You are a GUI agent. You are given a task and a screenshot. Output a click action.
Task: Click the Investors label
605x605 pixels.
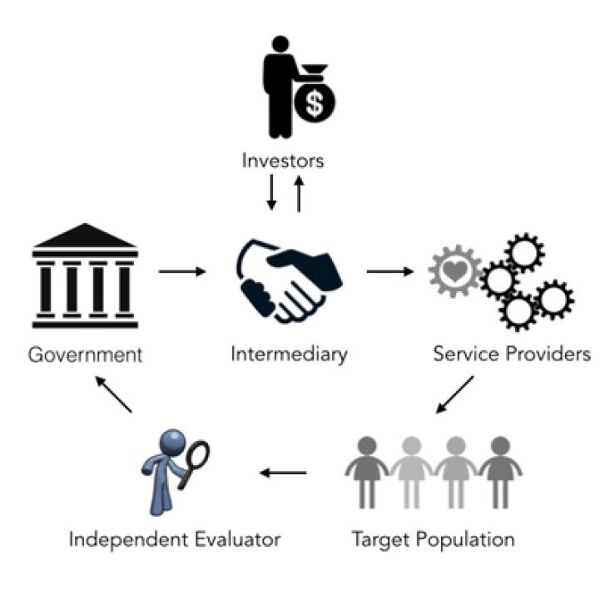tap(283, 159)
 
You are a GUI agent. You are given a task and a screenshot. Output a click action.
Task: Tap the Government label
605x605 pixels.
tap(86, 355)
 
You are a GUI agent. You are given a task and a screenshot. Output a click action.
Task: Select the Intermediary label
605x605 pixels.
tap(289, 355)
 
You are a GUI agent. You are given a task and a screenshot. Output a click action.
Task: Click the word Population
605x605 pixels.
tap(466, 539)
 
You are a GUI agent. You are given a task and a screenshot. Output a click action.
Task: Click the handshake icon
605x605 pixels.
tap(289, 279)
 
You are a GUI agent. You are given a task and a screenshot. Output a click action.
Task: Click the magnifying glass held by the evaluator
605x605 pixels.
tap(198, 455)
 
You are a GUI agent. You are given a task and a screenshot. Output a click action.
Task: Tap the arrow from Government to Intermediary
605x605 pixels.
tap(182, 271)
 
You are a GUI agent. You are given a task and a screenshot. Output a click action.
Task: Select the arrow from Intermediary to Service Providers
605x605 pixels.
tap(390, 271)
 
